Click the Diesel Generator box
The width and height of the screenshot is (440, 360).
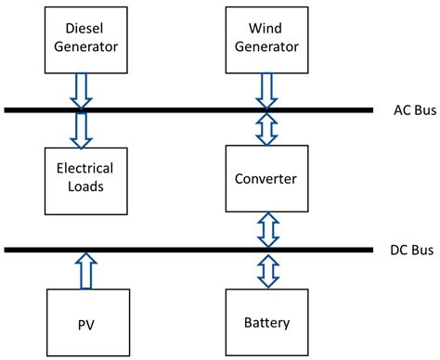pyautogui.click(x=82, y=38)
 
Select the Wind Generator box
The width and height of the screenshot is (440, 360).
pyautogui.click(x=265, y=38)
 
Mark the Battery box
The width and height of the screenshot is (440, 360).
pyautogui.click(x=265, y=322)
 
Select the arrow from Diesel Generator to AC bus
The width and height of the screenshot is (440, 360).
pyautogui.click(x=82, y=91)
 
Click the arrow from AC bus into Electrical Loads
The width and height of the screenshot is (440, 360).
pyautogui.click(x=82, y=130)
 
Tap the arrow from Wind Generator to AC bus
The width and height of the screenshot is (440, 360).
pyautogui.click(x=267, y=91)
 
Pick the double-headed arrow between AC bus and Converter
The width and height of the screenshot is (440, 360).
pyautogui.click(x=267, y=129)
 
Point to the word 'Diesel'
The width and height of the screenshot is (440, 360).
pyautogui.click(x=82, y=29)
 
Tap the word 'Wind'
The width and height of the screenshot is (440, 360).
pyautogui.click(x=265, y=29)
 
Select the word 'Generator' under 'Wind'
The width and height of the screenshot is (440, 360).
pyautogui.click(x=265, y=47)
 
